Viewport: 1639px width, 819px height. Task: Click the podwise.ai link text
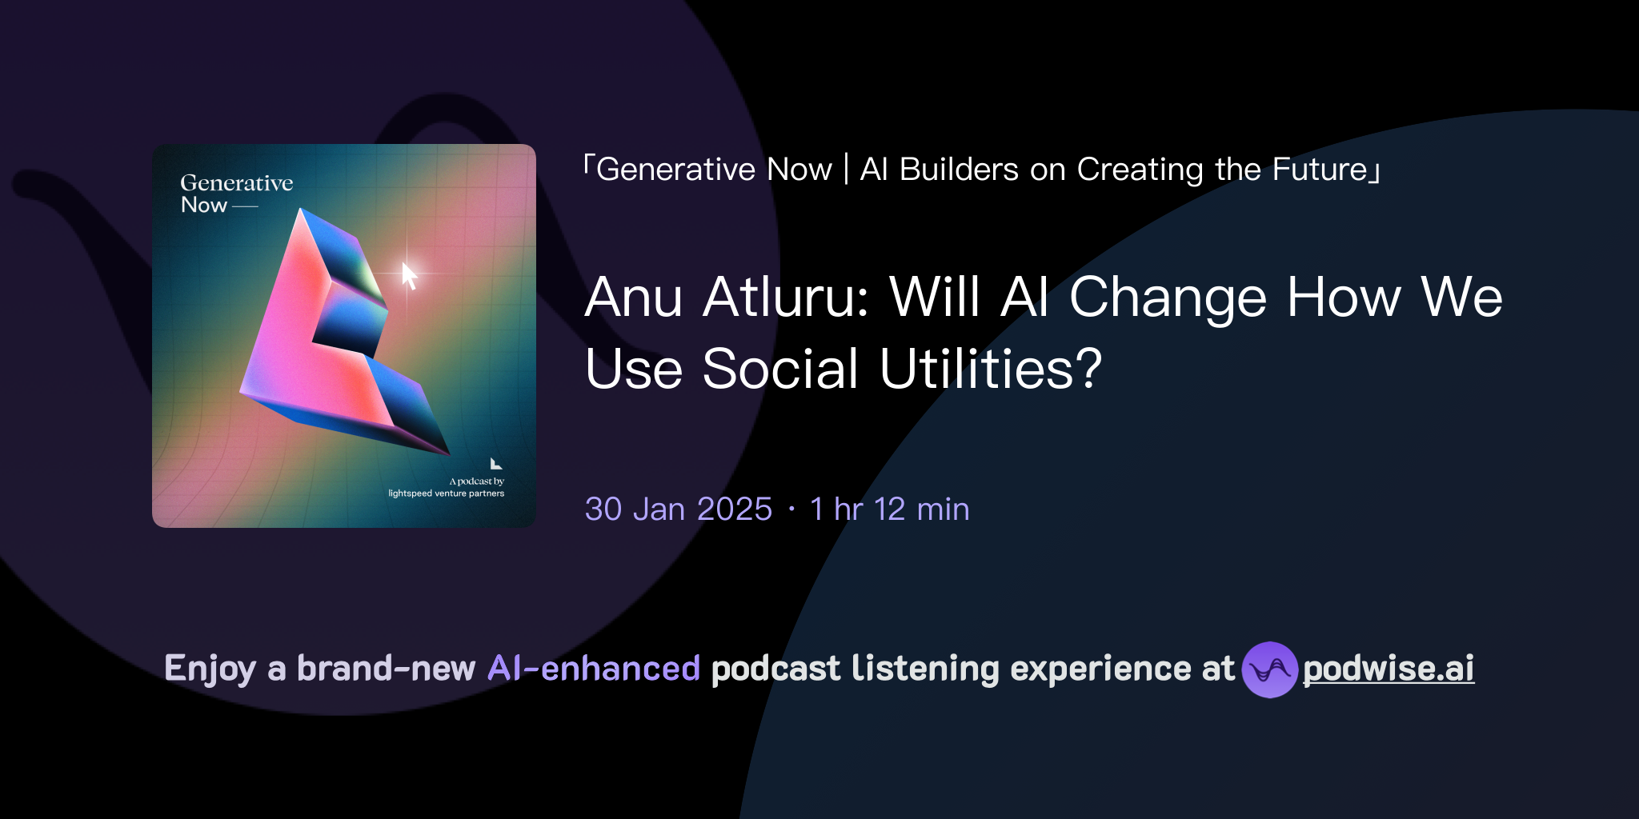click(x=1389, y=669)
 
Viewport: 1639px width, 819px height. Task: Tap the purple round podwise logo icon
click(x=1269, y=669)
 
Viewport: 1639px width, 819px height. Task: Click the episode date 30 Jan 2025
click(x=678, y=509)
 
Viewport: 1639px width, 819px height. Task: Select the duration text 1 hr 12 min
click(x=889, y=509)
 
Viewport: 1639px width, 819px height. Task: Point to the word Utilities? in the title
click(x=991, y=370)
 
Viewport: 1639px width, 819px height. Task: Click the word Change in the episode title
click(x=1168, y=298)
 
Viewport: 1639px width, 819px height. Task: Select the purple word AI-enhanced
click(x=594, y=669)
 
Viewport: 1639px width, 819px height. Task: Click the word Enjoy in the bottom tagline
click(x=210, y=669)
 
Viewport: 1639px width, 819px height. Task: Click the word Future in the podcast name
click(x=1320, y=170)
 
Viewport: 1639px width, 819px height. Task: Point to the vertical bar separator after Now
click(x=846, y=170)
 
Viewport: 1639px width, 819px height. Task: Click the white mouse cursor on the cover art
click(x=409, y=275)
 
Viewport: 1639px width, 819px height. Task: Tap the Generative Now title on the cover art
click(x=236, y=194)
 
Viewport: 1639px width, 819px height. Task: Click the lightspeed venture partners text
click(x=446, y=493)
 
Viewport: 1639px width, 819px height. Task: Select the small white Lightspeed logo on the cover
click(x=496, y=464)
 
